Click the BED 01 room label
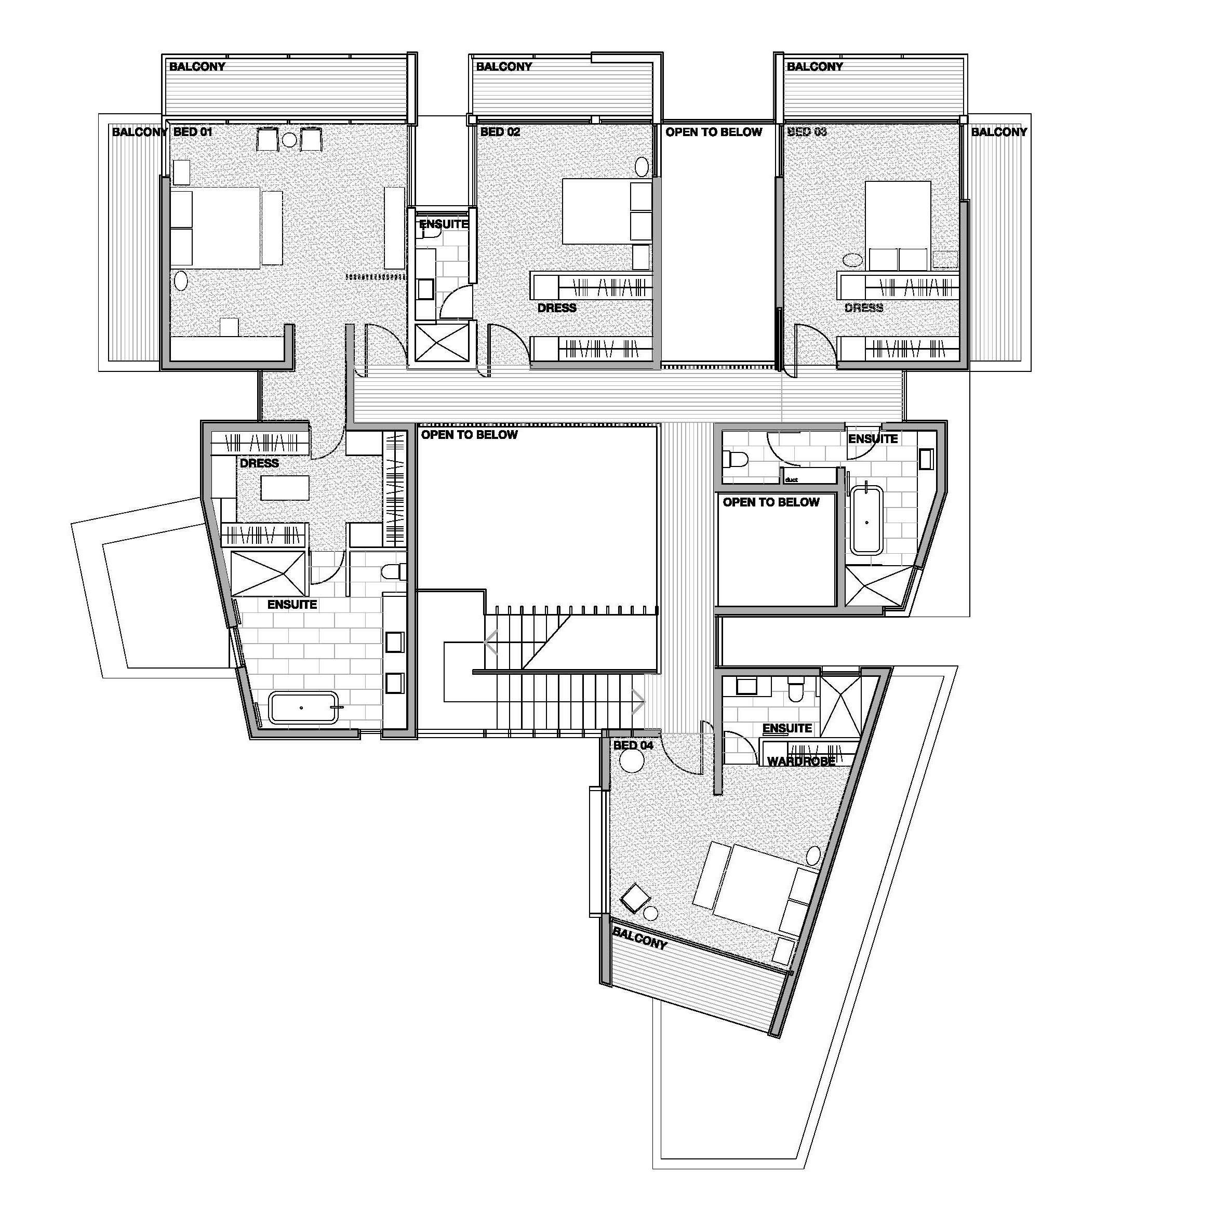pos(193,132)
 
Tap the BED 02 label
pos(501,132)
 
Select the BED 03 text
pos(807,132)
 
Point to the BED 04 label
pos(633,745)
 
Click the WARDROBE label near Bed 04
pos(801,761)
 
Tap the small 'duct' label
pos(791,480)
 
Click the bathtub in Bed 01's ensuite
pos(303,708)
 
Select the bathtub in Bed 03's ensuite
pos(866,519)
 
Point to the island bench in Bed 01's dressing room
pos(286,488)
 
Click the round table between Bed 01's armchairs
pos(290,140)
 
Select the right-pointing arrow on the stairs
pos(638,702)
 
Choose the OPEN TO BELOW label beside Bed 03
pos(714,132)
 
